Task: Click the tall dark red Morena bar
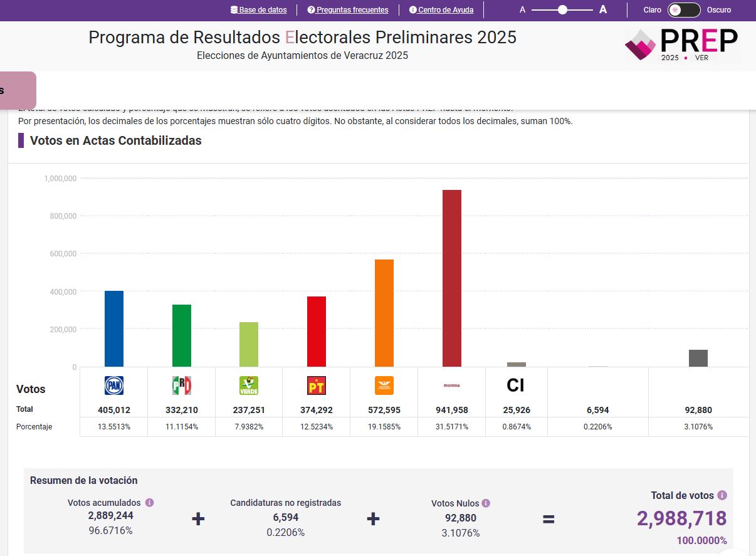click(x=451, y=278)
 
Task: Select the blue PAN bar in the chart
click(x=114, y=328)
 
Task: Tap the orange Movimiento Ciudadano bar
click(x=384, y=313)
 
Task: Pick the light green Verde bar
click(x=249, y=344)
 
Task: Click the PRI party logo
click(x=181, y=386)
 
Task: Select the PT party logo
click(x=317, y=386)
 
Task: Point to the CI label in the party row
click(x=515, y=386)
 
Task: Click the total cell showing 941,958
click(x=451, y=410)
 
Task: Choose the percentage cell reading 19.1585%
click(x=384, y=427)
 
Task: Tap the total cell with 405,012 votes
click(x=114, y=410)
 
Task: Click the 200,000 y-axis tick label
click(x=60, y=329)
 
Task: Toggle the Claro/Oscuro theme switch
click(x=684, y=10)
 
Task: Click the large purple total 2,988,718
click(x=681, y=518)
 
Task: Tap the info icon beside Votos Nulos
click(x=486, y=503)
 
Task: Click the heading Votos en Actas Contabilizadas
click(x=116, y=140)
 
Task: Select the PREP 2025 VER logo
click(x=682, y=45)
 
